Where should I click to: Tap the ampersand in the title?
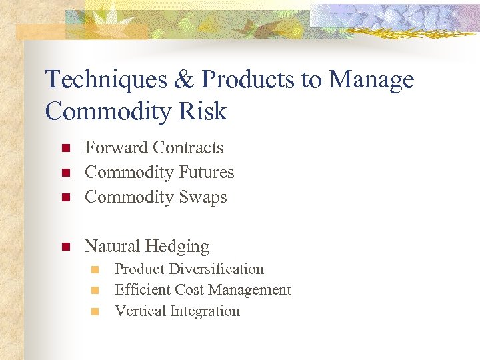click(x=183, y=80)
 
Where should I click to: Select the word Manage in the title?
click(x=371, y=80)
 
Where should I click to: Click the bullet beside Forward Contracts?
click(x=65, y=148)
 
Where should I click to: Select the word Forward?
click(x=117, y=148)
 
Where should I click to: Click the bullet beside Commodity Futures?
click(x=65, y=173)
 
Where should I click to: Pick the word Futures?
click(x=207, y=173)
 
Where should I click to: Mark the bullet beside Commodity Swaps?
click(x=65, y=197)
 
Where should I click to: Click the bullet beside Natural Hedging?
click(x=65, y=247)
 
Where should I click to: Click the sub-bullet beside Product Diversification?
click(x=95, y=270)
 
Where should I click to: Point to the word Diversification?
click(x=217, y=269)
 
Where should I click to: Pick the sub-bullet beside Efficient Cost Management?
click(x=95, y=291)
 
